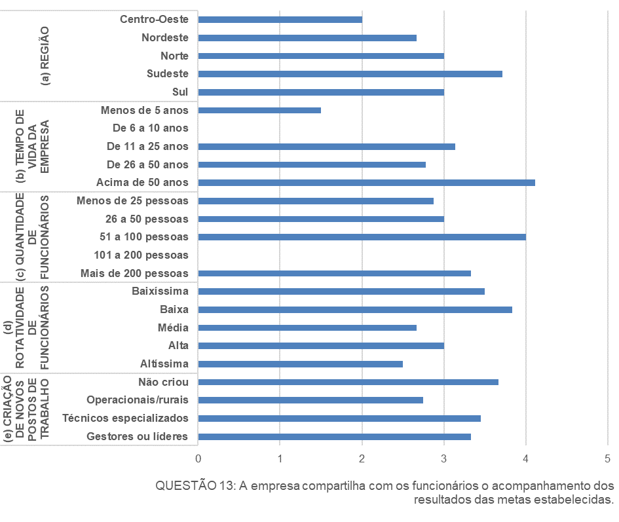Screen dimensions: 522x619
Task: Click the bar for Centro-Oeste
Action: click(280, 20)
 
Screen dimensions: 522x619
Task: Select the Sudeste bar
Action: click(350, 74)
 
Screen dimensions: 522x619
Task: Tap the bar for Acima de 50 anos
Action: click(366, 183)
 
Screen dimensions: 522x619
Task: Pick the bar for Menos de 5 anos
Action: click(259, 110)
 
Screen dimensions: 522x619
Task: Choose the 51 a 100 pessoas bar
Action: click(362, 237)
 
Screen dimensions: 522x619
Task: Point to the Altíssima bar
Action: click(300, 364)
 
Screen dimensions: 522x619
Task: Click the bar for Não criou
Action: click(348, 382)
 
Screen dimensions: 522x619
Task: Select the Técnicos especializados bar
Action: click(339, 419)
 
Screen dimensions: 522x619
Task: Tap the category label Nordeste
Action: click(165, 38)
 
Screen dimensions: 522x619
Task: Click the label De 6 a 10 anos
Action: click(151, 128)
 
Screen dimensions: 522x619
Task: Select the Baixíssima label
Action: click(160, 291)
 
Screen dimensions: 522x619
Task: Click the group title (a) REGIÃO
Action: click(45, 56)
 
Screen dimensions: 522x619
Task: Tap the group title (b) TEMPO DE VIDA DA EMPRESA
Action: click(32, 146)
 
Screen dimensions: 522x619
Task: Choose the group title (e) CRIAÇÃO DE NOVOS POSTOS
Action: click(32, 409)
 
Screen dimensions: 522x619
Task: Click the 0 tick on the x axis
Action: click(198, 459)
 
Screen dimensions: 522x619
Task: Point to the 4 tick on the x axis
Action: click(526, 459)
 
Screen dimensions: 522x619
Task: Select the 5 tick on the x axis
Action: click(608, 459)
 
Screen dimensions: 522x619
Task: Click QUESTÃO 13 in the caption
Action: click(194, 486)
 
